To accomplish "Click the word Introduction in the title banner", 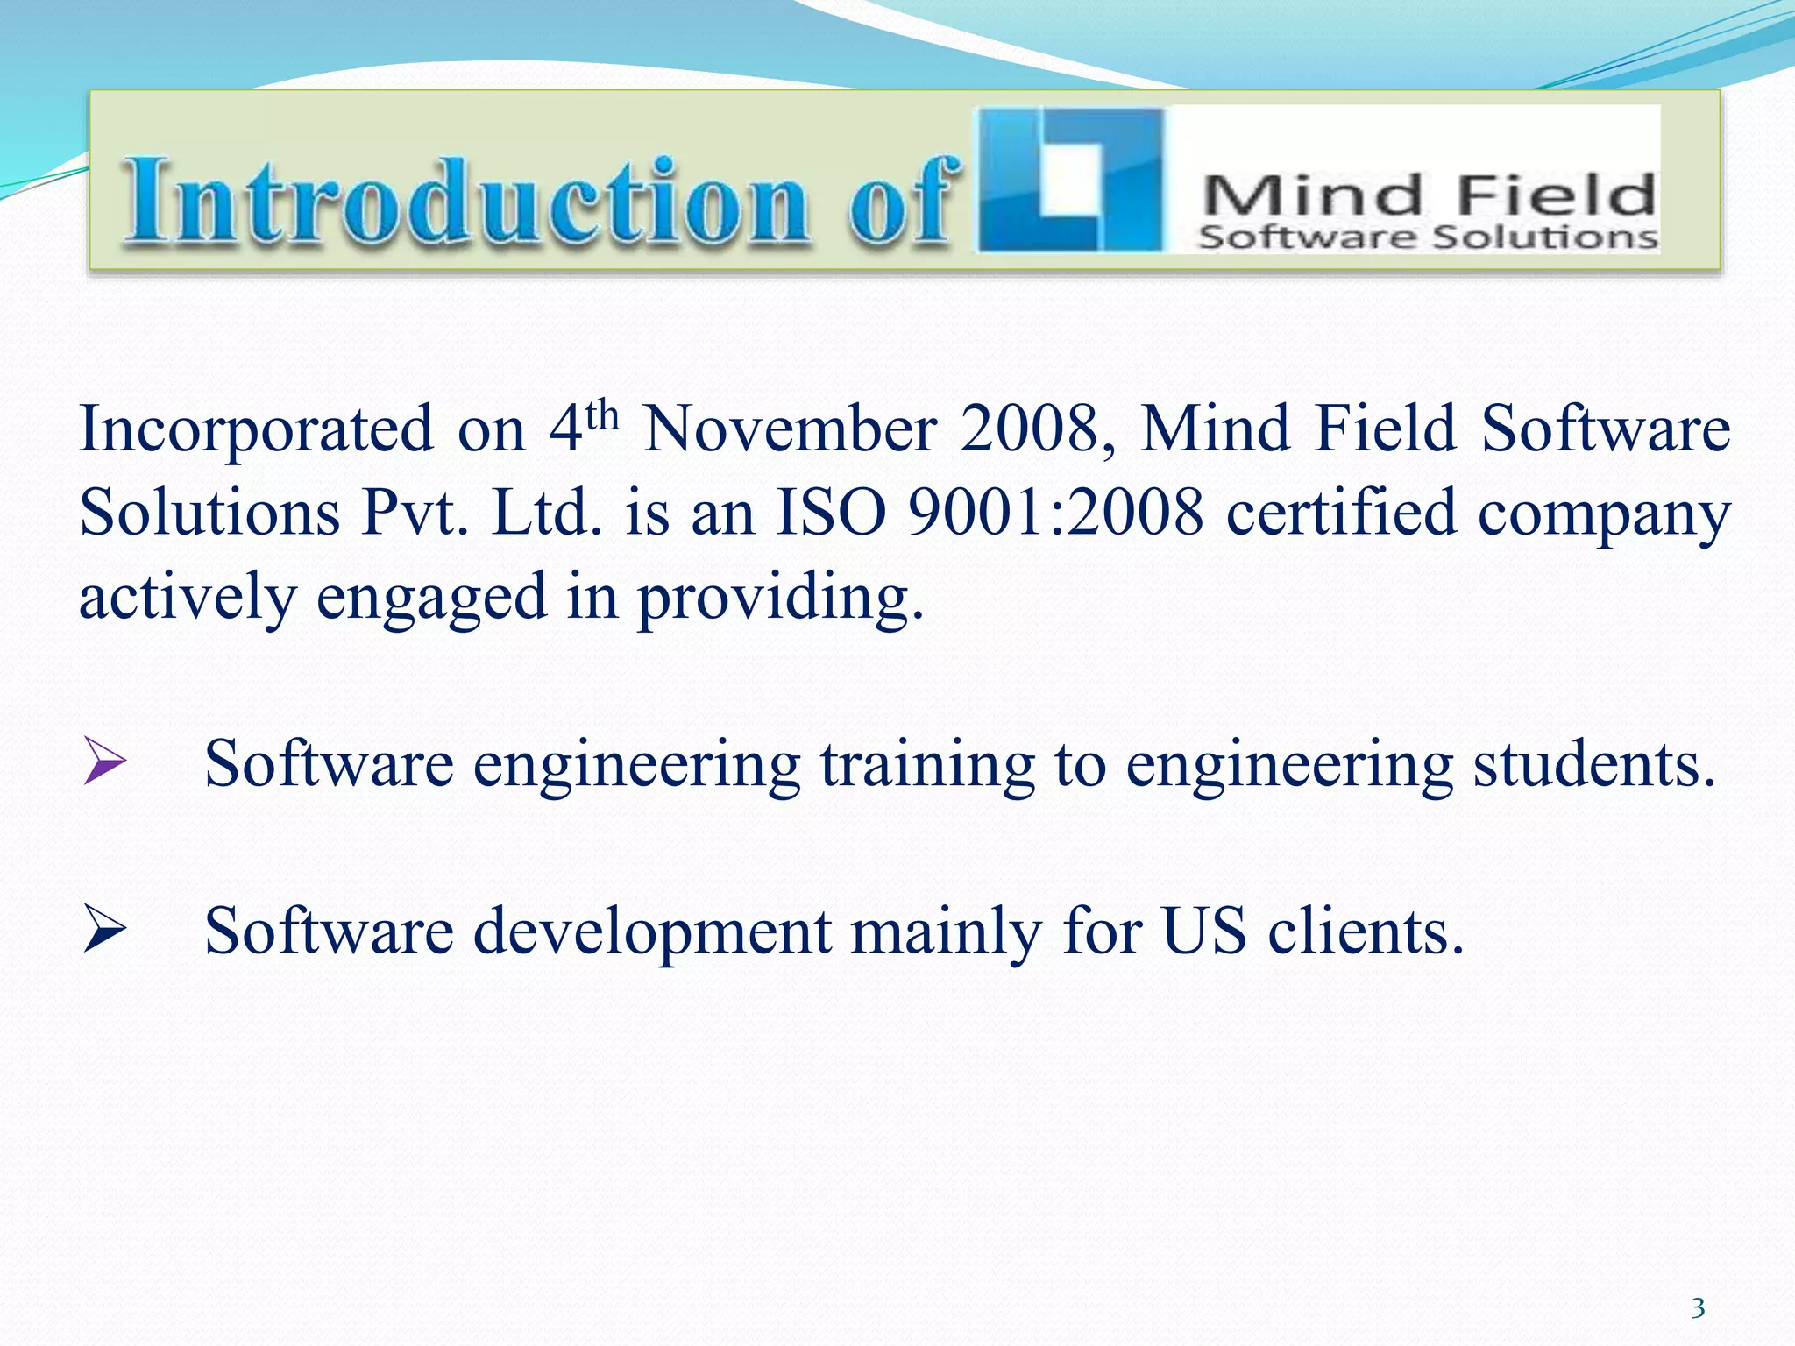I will [465, 202].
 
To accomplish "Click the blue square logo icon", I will [1070, 181].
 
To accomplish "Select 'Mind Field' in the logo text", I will [1428, 195].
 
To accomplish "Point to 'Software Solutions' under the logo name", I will [1428, 237].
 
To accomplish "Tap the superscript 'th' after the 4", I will [603, 414].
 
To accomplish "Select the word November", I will [790, 429].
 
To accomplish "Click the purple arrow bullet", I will [104, 761].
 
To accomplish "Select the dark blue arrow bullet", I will [104, 932].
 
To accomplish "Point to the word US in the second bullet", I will [1203, 931].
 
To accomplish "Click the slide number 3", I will [1698, 1308].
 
